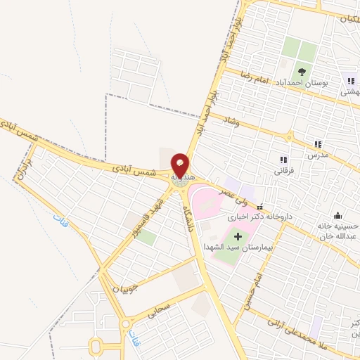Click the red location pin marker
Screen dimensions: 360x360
[181, 165]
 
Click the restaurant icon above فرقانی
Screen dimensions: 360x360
[283, 160]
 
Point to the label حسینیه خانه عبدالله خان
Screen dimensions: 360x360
[340, 231]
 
